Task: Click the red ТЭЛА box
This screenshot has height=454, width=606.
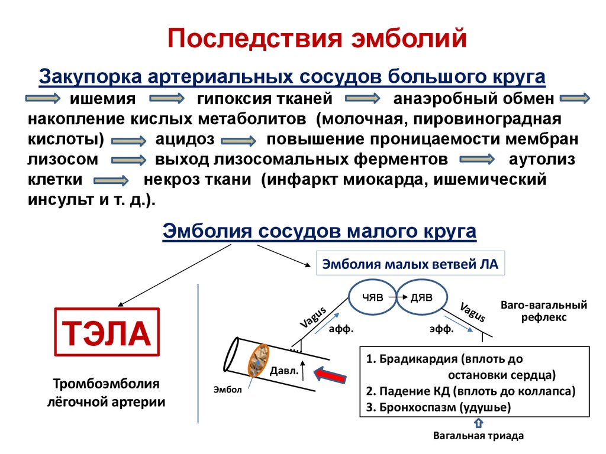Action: click(x=107, y=332)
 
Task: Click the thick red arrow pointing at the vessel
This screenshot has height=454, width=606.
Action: click(x=331, y=375)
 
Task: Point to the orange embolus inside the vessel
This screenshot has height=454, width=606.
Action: click(x=258, y=361)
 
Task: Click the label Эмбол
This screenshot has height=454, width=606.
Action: click(x=228, y=389)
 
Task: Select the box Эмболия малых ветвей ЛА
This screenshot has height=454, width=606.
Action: click(x=410, y=264)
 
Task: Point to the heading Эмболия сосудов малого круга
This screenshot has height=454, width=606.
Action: click(x=319, y=231)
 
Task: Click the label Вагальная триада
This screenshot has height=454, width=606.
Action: click(x=478, y=436)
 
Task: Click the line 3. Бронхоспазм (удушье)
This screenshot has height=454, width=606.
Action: click(x=438, y=407)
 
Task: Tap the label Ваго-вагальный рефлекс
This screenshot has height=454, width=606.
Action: click(x=544, y=311)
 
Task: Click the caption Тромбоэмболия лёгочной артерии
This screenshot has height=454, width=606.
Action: click(x=107, y=393)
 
